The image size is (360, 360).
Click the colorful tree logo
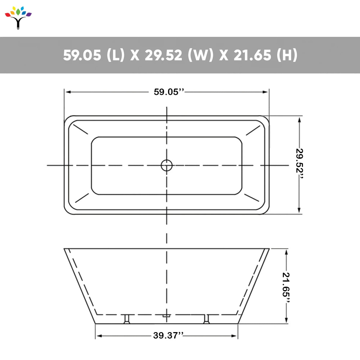tap(18, 18)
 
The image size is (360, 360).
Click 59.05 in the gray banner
tap(82, 55)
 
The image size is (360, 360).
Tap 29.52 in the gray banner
tap(163, 55)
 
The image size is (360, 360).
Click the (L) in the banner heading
tap(116, 55)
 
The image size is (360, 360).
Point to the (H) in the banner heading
tap(287, 55)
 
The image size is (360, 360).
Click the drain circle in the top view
tap(166, 165)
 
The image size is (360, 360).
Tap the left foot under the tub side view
tap(127, 319)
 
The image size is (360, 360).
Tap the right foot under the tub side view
tap(206, 319)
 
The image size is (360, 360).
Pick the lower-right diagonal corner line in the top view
tap(252, 198)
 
